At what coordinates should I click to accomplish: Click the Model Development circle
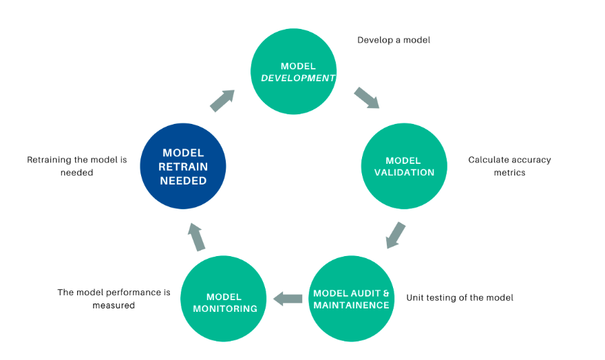tap(294, 72)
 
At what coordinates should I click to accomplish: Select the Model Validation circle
tap(404, 166)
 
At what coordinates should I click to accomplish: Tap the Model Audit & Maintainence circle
tap(351, 299)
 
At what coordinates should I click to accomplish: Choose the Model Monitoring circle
tap(224, 299)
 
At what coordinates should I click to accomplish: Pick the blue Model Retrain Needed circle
tap(183, 166)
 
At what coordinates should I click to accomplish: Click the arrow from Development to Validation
tap(367, 98)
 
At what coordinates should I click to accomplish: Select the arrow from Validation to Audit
tap(396, 235)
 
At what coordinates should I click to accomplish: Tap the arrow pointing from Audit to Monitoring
tap(288, 299)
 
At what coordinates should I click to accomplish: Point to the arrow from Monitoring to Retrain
tap(196, 237)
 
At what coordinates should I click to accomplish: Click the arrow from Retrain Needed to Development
tap(222, 100)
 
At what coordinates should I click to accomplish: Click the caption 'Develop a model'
tap(394, 40)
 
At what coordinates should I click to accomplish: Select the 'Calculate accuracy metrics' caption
tap(510, 166)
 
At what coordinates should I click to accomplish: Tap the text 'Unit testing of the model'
tap(460, 297)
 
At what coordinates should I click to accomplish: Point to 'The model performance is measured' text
tap(114, 299)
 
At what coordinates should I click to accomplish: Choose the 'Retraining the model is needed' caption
tap(77, 166)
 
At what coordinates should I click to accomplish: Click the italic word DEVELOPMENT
tap(298, 78)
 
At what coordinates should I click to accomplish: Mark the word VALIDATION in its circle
tap(404, 173)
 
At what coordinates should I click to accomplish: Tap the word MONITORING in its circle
tap(225, 308)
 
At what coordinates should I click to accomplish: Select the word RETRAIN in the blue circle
tap(183, 167)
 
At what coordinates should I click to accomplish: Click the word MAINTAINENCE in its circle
tap(351, 305)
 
